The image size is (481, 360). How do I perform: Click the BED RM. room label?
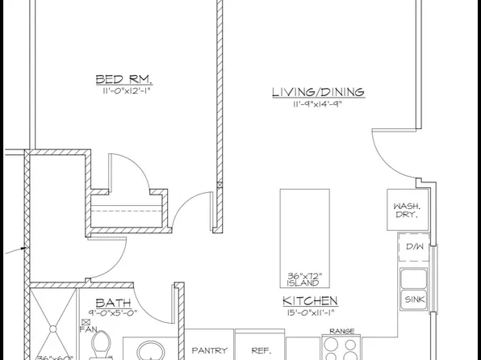pos(124,79)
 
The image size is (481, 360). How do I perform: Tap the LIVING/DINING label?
pos(317,92)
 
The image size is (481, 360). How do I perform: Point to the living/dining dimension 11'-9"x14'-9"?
pos(317,104)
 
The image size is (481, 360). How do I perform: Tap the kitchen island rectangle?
pos(304,230)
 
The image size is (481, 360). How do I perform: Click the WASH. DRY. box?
pos(405,211)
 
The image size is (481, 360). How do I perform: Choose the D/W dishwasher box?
pos(415,246)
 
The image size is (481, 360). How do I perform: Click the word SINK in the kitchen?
pos(415,299)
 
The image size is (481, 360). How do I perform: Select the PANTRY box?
pos(211,351)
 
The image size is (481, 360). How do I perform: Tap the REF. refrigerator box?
pos(261,351)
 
